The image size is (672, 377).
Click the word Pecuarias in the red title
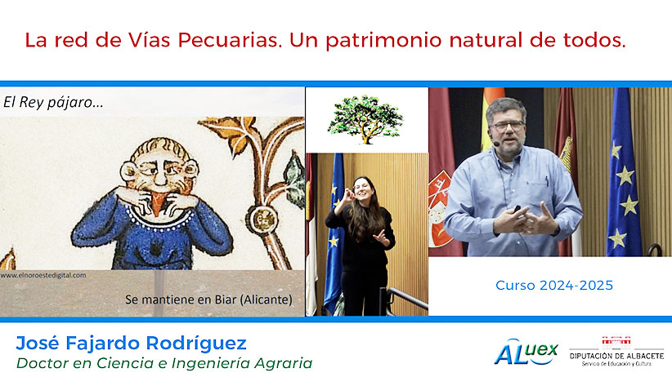tap(229, 40)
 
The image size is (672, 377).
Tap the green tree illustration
tap(365, 119)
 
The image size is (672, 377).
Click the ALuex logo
tap(526, 352)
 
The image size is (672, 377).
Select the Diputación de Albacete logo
tap(616, 352)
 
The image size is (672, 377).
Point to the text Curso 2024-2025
tap(554, 286)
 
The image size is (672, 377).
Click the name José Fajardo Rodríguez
tap(131, 344)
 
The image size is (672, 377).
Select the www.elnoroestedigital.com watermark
tap(43, 276)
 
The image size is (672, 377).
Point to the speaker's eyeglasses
tap(508, 126)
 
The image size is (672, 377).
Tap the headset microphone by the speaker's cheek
tap(496, 144)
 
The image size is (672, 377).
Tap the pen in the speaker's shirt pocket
tap(547, 181)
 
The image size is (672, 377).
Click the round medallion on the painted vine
tap(262, 219)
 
